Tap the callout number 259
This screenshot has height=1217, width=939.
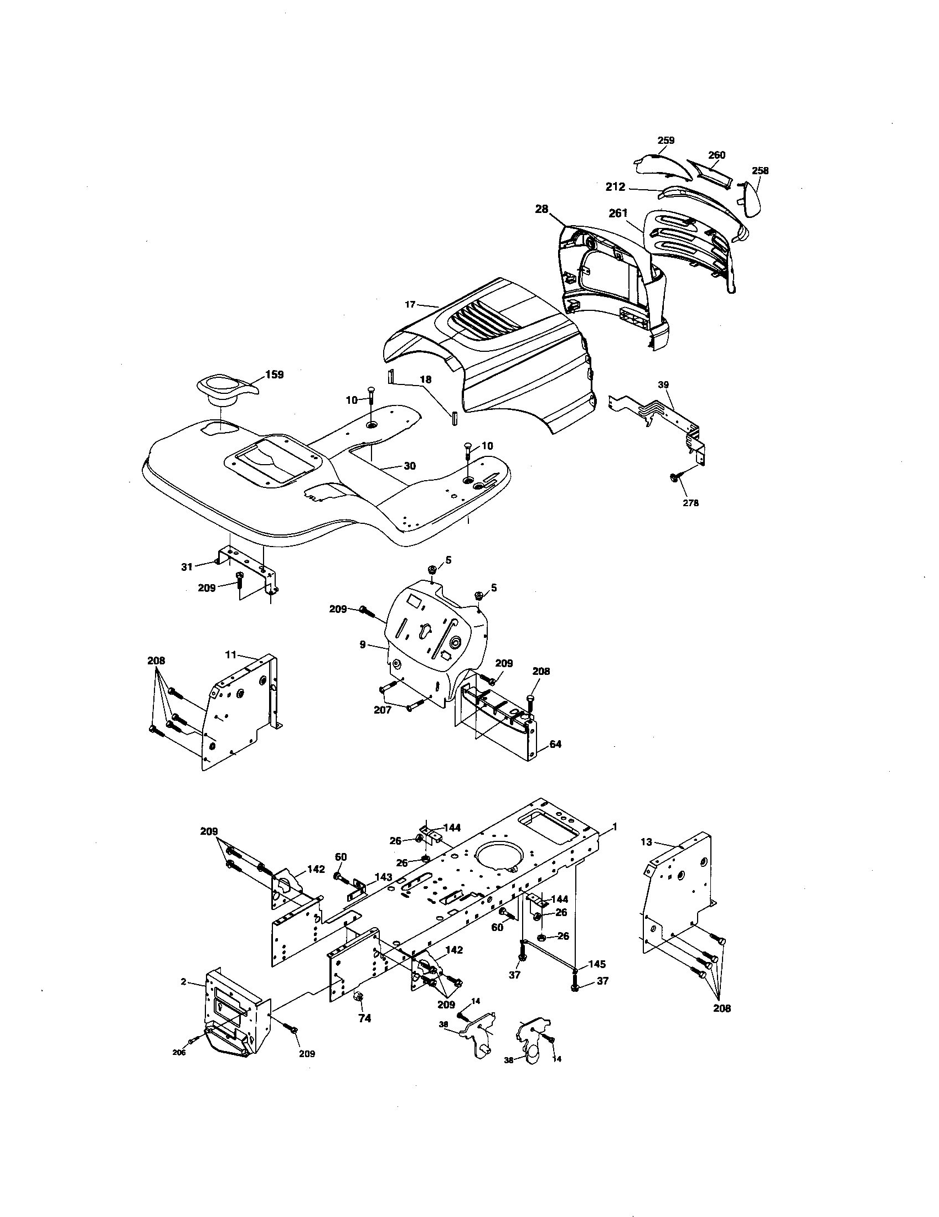pos(666,141)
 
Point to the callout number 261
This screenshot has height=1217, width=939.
pos(618,212)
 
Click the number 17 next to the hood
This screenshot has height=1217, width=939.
pos(410,304)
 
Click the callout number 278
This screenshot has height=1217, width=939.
pos(690,503)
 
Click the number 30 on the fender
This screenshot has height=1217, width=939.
pos(410,466)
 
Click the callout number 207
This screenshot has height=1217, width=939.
pos(383,710)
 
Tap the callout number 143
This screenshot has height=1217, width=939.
pos(383,877)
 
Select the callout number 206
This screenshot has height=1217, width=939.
pos(179,1053)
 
